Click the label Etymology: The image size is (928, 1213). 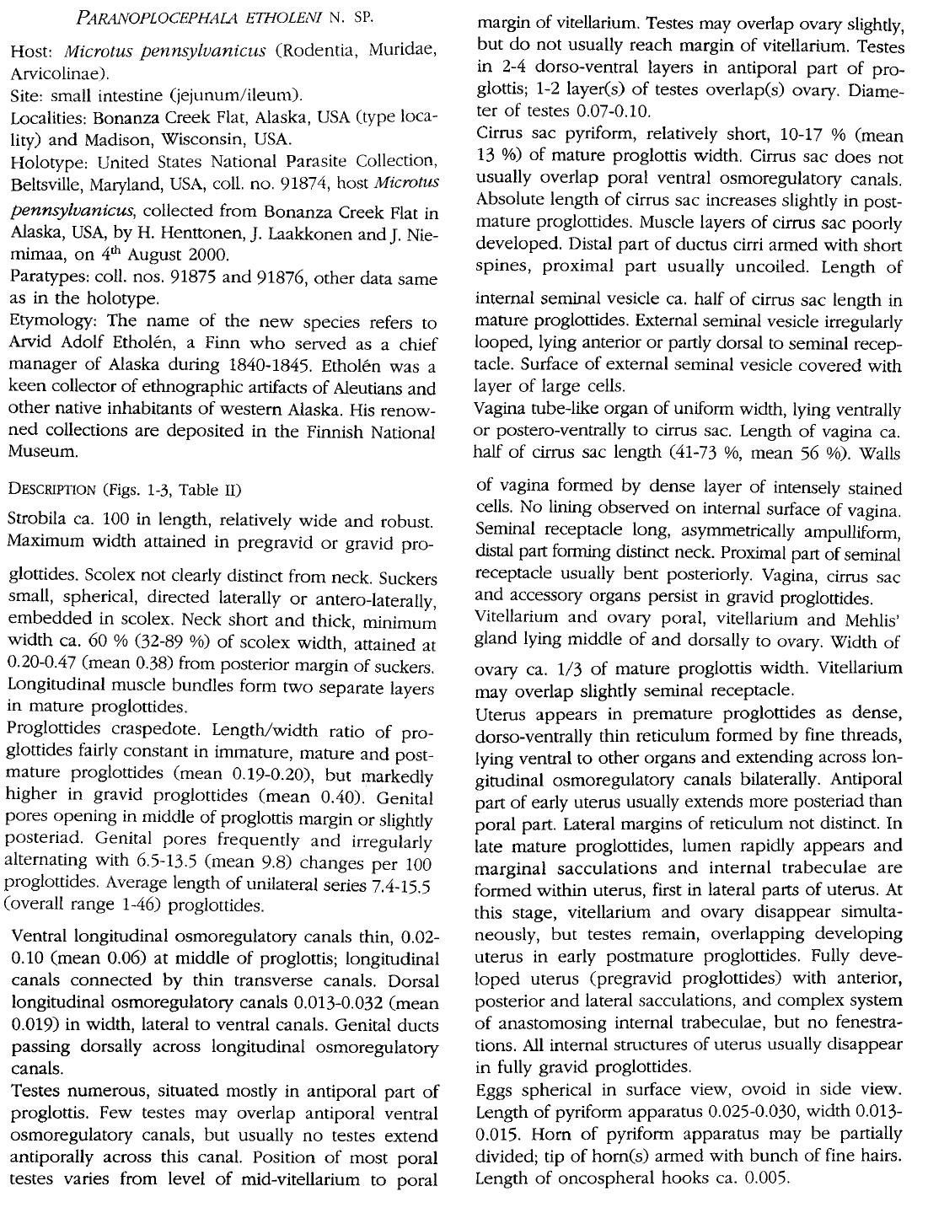50,322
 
